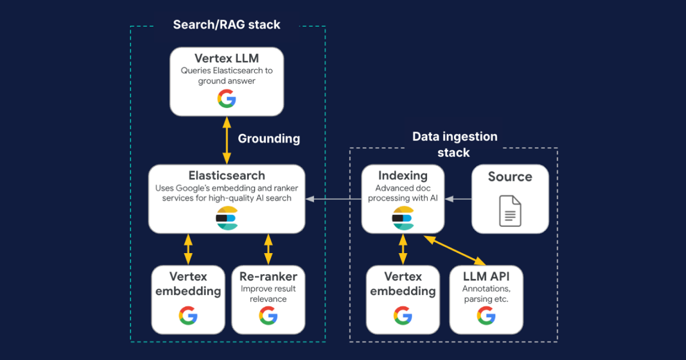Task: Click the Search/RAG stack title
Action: click(x=227, y=25)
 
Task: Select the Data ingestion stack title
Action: click(x=454, y=145)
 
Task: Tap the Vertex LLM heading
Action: click(x=226, y=58)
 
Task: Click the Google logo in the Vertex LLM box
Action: click(x=226, y=99)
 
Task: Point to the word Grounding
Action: click(x=269, y=138)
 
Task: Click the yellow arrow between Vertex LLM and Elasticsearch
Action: click(x=227, y=140)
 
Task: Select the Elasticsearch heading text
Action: click(x=227, y=175)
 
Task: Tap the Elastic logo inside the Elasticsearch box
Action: click(x=226, y=218)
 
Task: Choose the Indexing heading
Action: click(x=402, y=175)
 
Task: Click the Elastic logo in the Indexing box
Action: click(x=402, y=218)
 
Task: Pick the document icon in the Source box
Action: click(x=510, y=210)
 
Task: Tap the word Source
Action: click(x=510, y=177)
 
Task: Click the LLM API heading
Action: click(x=486, y=277)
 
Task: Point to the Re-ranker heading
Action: click(x=268, y=277)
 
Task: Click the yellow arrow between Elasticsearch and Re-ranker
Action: click(x=268, y=249)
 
